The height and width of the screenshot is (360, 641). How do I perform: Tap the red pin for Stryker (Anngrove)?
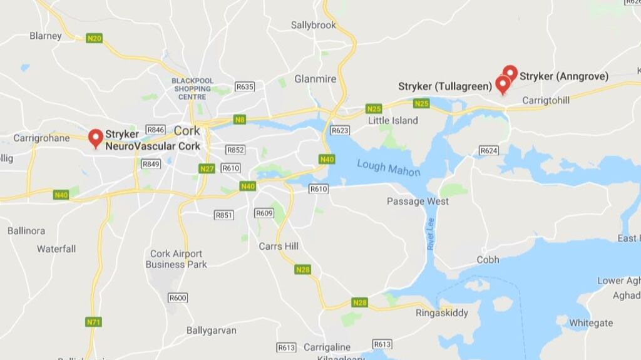(x=510, y=73)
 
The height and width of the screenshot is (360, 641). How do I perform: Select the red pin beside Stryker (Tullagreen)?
(x=502, y=84)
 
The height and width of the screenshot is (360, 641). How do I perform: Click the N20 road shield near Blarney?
(x=94, y=38)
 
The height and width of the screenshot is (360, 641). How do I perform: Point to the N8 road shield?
(x=240, y=119)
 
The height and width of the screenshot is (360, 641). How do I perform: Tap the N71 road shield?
(x=93, y=322)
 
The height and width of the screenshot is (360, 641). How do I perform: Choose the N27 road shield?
(x=207, y=168)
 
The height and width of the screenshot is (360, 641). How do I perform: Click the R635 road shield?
(x=244, y=86)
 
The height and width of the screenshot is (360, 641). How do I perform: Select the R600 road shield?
(x=178, y=297)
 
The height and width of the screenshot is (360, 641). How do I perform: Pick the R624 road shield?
(x=488, y=151)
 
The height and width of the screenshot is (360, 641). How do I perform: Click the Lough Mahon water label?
(x=388, y=168)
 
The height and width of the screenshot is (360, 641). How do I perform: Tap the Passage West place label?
(x=418, y=201)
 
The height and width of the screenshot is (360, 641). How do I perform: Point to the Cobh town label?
(x=488, y=259)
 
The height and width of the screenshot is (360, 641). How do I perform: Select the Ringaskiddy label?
(x=442, y=312)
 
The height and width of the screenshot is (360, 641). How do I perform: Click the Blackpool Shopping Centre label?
(x=193, y=89)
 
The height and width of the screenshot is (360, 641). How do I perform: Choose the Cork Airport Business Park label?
(x=176, y=259)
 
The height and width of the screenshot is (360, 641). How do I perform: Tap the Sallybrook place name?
(x=314, y=25)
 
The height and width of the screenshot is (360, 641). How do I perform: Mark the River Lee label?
(x=431, y=234)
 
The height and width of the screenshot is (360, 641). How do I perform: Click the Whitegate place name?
(x=591, y=322)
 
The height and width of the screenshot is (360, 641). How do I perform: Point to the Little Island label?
(x=392, y=120)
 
